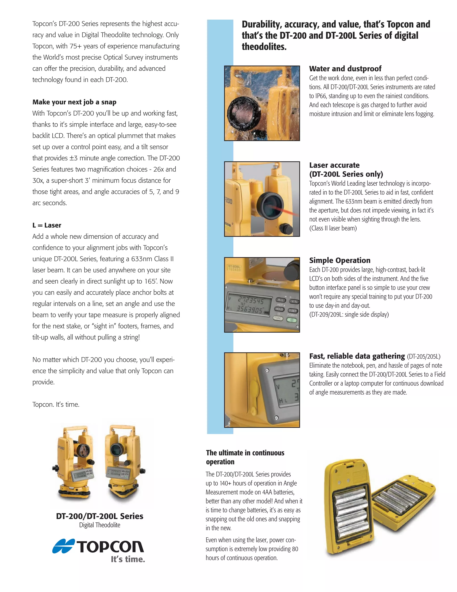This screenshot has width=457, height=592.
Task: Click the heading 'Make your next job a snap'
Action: click(74, 102)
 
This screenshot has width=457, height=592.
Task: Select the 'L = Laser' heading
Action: click(47, 225)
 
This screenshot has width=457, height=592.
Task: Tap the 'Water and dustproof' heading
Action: click(345, 68)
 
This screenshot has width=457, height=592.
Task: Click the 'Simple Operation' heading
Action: click(340, 260)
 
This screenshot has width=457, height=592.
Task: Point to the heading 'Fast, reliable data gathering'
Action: click(357, 356)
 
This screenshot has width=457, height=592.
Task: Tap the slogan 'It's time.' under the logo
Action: click(128, 559)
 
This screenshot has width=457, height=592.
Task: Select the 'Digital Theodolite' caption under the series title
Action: click(100, 525)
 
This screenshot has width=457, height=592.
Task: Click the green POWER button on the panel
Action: click(292, 320)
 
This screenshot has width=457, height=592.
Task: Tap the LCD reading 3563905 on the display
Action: click(249, 310)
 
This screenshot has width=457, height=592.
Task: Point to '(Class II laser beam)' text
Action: click(333, 228)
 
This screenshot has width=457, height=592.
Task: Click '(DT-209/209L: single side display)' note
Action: click(349, 315)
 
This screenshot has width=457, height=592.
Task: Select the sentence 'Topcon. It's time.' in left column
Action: click(56, 404)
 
